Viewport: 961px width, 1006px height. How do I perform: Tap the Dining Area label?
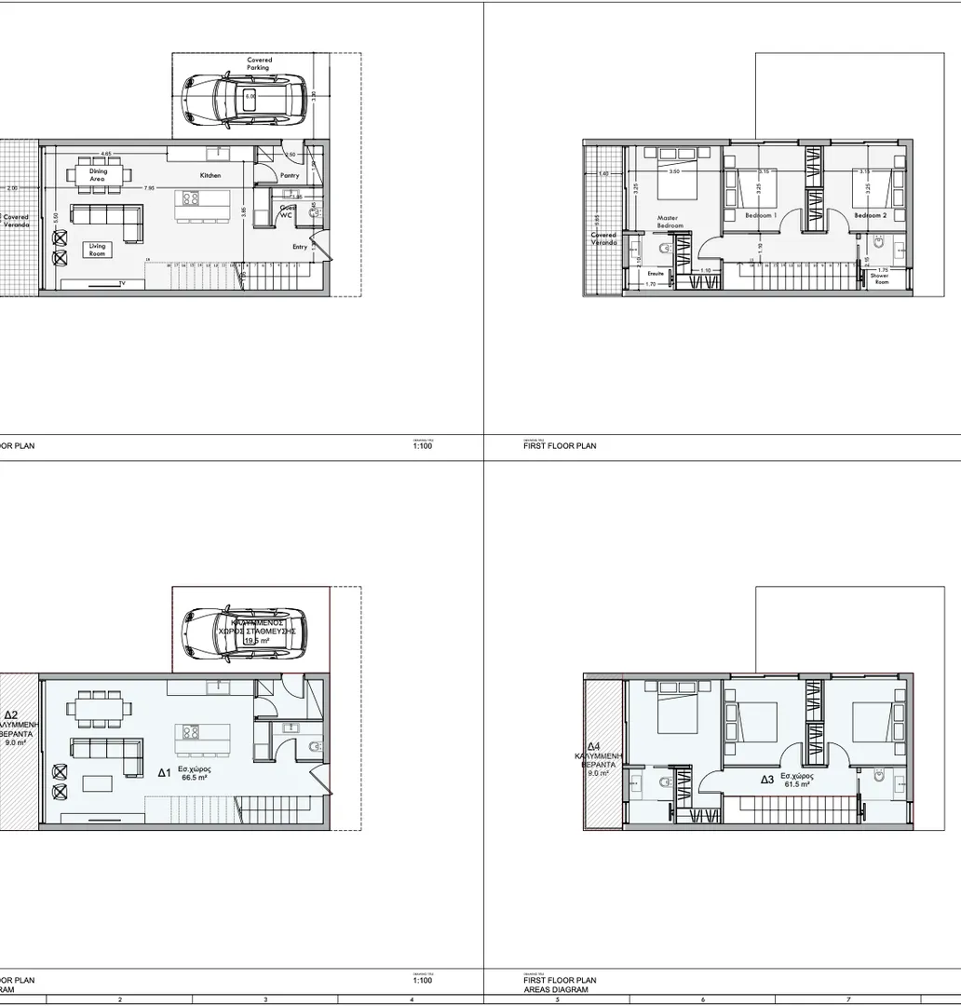tap(98, 174)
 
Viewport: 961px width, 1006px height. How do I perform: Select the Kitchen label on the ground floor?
tap(210, 175)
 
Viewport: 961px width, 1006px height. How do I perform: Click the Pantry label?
tap(290, 175)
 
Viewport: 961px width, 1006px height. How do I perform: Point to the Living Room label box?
tap(97, 249)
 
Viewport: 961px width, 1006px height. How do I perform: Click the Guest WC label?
tap(288, 211)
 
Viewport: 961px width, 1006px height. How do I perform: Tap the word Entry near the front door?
tap(300, 247)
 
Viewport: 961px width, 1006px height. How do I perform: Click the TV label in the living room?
tap(122, 282)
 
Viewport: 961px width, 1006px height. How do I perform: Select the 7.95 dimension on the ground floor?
tap(149, 187)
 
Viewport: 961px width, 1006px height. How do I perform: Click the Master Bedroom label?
tap(670, 222)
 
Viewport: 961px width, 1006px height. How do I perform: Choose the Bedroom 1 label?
tap(761, 215)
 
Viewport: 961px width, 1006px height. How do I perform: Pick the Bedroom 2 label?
tap(871, 215)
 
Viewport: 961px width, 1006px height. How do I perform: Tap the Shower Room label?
tap(880, 279)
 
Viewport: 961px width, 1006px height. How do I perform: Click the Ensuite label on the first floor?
tap(656, 274)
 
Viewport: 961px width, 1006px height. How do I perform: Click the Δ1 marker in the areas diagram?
tap(163, 772)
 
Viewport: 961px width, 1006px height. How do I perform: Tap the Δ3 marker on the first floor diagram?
tap(766, 779)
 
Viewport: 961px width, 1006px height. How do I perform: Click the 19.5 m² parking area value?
tap(256, 641)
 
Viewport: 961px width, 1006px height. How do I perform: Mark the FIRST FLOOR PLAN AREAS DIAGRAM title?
tap(560, 985)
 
